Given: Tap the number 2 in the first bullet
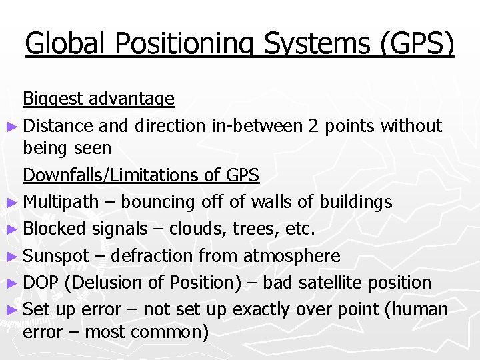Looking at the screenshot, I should coord(313,125).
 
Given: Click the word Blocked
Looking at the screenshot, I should coord(55,228).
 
